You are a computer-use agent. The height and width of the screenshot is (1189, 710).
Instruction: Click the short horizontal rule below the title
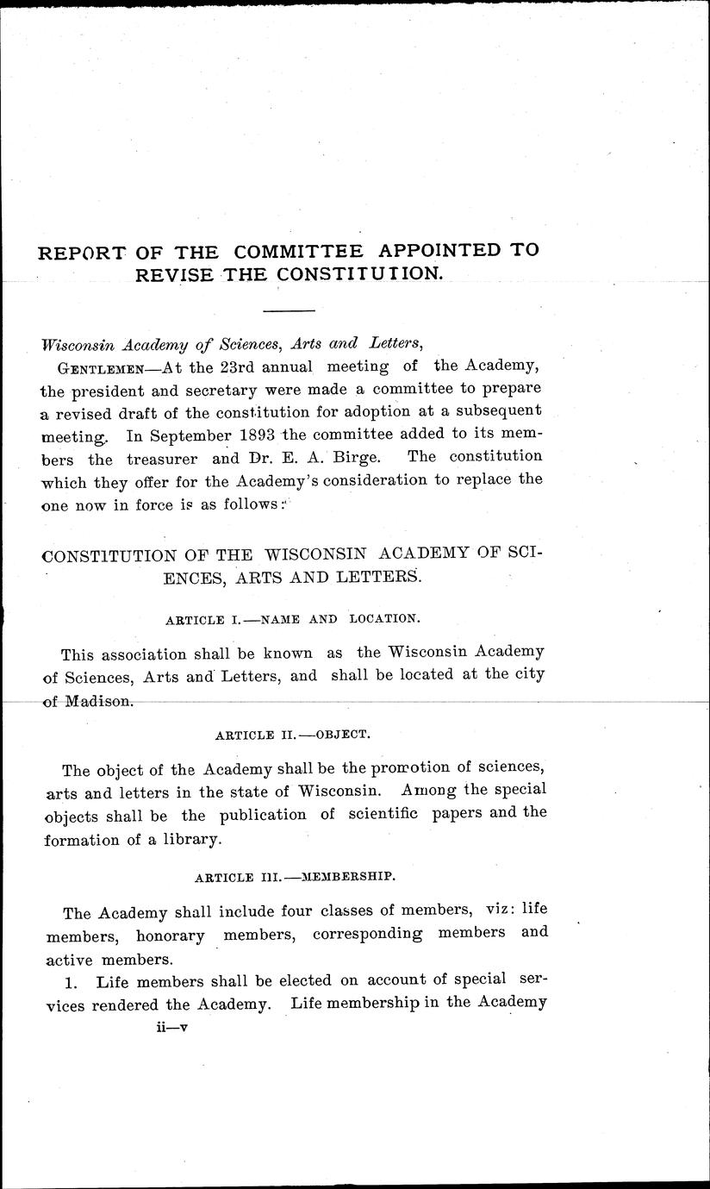(x=289, y=310)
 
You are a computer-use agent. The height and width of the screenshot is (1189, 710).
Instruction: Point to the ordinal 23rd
(x=236, y=366)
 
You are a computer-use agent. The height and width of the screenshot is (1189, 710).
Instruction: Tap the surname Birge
(x=364, y=456)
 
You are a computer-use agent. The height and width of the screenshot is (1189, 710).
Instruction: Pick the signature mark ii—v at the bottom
(x=167, y=1028)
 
